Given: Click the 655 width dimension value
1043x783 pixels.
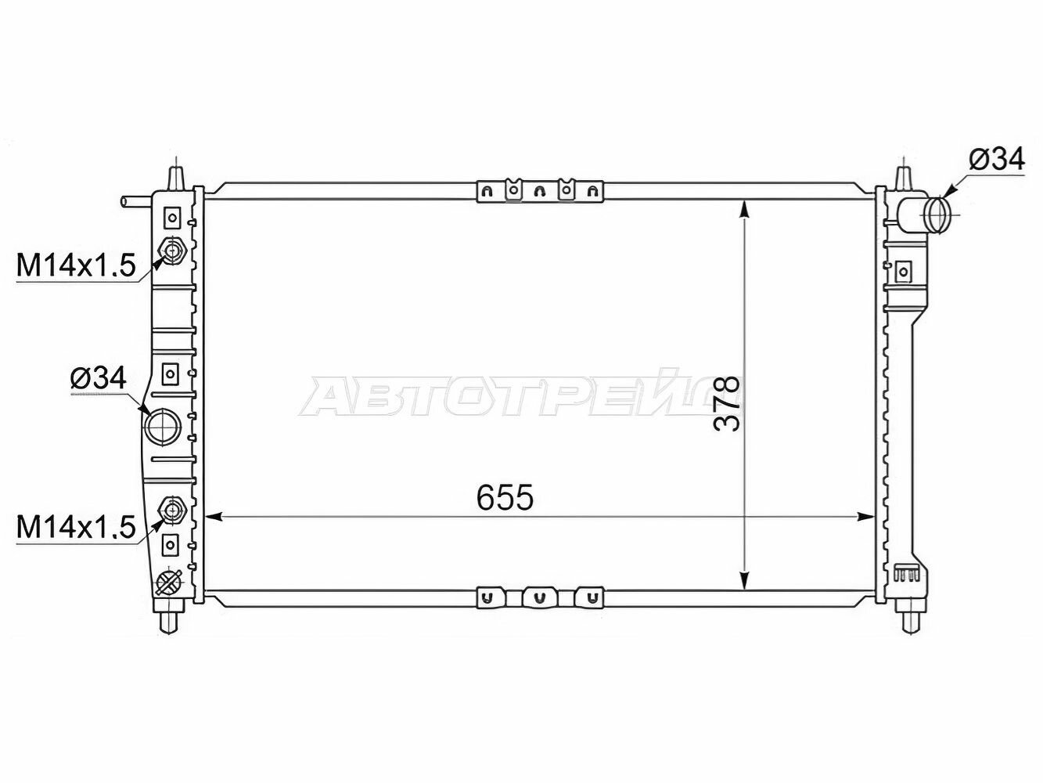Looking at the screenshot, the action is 505,498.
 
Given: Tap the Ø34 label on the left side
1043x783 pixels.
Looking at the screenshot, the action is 99,379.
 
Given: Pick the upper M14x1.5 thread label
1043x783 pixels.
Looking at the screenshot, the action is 76,265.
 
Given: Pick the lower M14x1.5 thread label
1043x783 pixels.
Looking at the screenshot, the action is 76,528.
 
